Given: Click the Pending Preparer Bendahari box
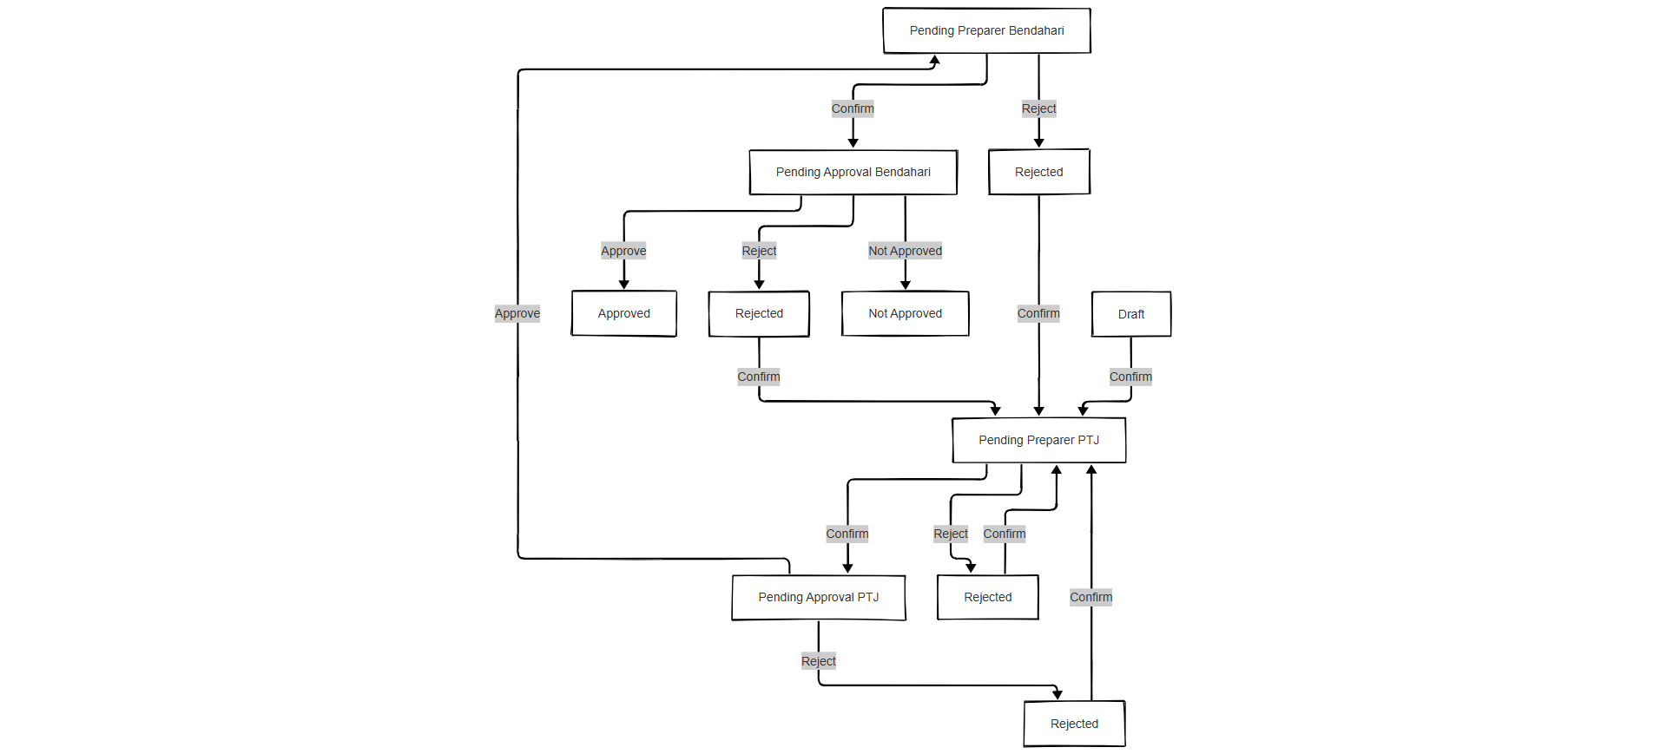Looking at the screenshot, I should tap(986, 30).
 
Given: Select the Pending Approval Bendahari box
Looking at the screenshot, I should tap(853, 172).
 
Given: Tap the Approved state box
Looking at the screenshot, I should tap(623, 313).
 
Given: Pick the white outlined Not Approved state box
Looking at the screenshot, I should tap(905, 313).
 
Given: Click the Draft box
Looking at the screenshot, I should tap(1130, 314).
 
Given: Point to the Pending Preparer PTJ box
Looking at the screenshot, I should tap(1038, 440).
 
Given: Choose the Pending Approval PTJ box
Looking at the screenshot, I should tap(818, 597).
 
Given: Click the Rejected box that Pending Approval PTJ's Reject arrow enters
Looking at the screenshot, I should tap(1074, 724).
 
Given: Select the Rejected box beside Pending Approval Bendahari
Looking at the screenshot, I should tap(1038, 172).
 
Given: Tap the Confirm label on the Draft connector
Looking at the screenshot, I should tap(1130, 377).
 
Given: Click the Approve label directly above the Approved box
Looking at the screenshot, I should tap(623, 251).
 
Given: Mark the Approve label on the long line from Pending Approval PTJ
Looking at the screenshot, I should tap(517, 313).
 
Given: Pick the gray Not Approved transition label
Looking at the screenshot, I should tap(905, 251).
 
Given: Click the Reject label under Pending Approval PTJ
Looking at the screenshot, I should tap(818, 661).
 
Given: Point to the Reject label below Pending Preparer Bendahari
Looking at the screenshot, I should tap(1038, 108).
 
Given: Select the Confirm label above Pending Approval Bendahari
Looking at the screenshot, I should tap(853, 108).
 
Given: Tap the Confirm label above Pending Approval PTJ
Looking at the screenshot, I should tap(847, 534).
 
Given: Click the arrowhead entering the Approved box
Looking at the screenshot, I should tap(623, 285).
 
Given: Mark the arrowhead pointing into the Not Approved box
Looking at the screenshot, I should tap(905, 285).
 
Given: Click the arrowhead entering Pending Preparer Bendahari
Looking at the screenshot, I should tap(935, 60).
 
